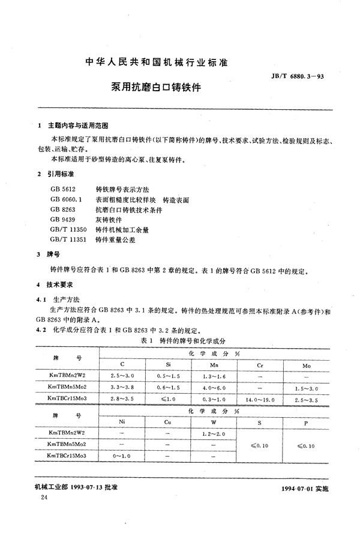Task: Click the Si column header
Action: pos(169,365)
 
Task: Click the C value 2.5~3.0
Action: pos(124,376)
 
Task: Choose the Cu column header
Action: pos(169,422)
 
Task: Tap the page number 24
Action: pos(41,499)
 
